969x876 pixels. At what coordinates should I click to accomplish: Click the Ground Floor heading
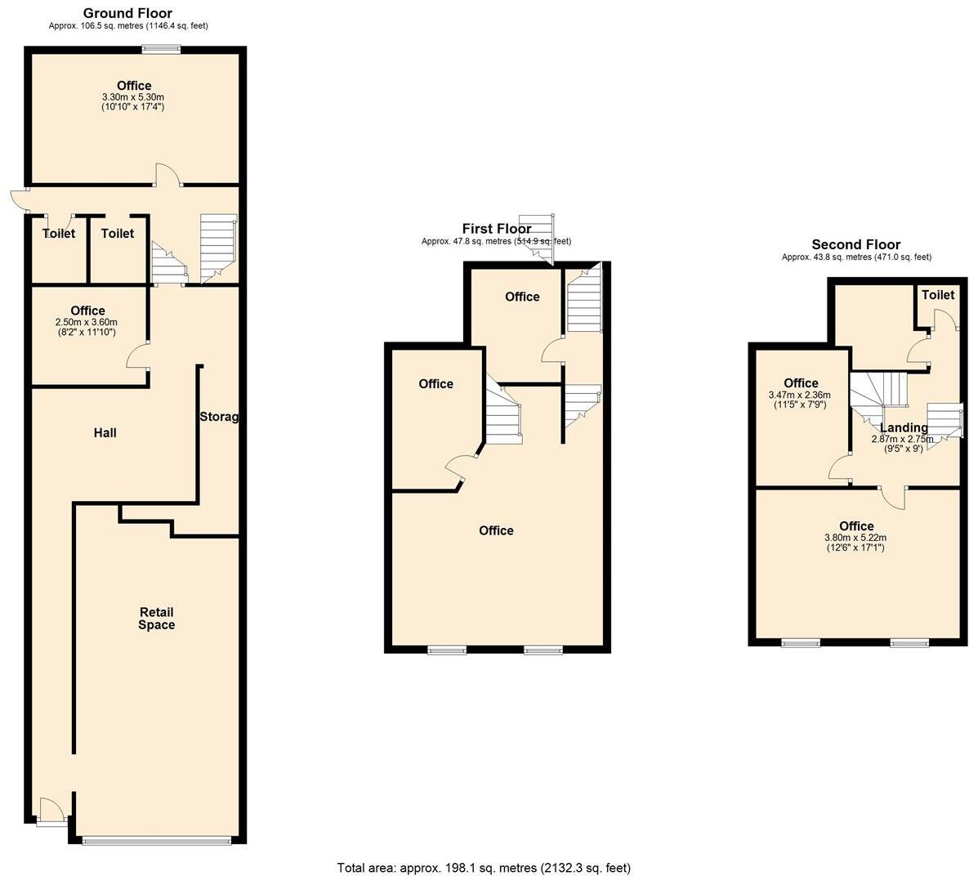point(127,13)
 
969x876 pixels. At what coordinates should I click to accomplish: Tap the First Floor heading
point(496,229)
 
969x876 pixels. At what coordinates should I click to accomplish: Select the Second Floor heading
point(855,244)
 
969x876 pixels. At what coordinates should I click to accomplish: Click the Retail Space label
point(156,619)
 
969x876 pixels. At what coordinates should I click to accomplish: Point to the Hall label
point(105,432)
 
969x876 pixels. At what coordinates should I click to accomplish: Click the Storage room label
point(219,417)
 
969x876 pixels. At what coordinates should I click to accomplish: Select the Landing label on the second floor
point(904,427)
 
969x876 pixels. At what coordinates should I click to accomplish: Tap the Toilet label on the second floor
point(937,295)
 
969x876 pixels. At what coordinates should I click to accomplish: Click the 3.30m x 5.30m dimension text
point(133,96)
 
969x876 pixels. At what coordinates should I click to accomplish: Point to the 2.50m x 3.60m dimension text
point(87,322)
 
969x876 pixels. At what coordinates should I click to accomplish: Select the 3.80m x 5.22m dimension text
point(855,538)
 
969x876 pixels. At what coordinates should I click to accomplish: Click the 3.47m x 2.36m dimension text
point(800,395)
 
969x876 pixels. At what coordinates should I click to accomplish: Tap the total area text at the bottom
point(484,867)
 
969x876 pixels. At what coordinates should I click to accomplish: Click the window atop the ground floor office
point(161,49)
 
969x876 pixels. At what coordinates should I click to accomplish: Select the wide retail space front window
point(156,840)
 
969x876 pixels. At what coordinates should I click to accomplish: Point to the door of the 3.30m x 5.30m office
point(167,175)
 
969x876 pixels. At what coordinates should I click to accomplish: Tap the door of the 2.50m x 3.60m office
point(138,356)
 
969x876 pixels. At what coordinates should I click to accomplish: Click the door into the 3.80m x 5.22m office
point(893,497)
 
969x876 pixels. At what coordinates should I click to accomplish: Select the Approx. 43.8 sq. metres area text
point(855,257)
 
